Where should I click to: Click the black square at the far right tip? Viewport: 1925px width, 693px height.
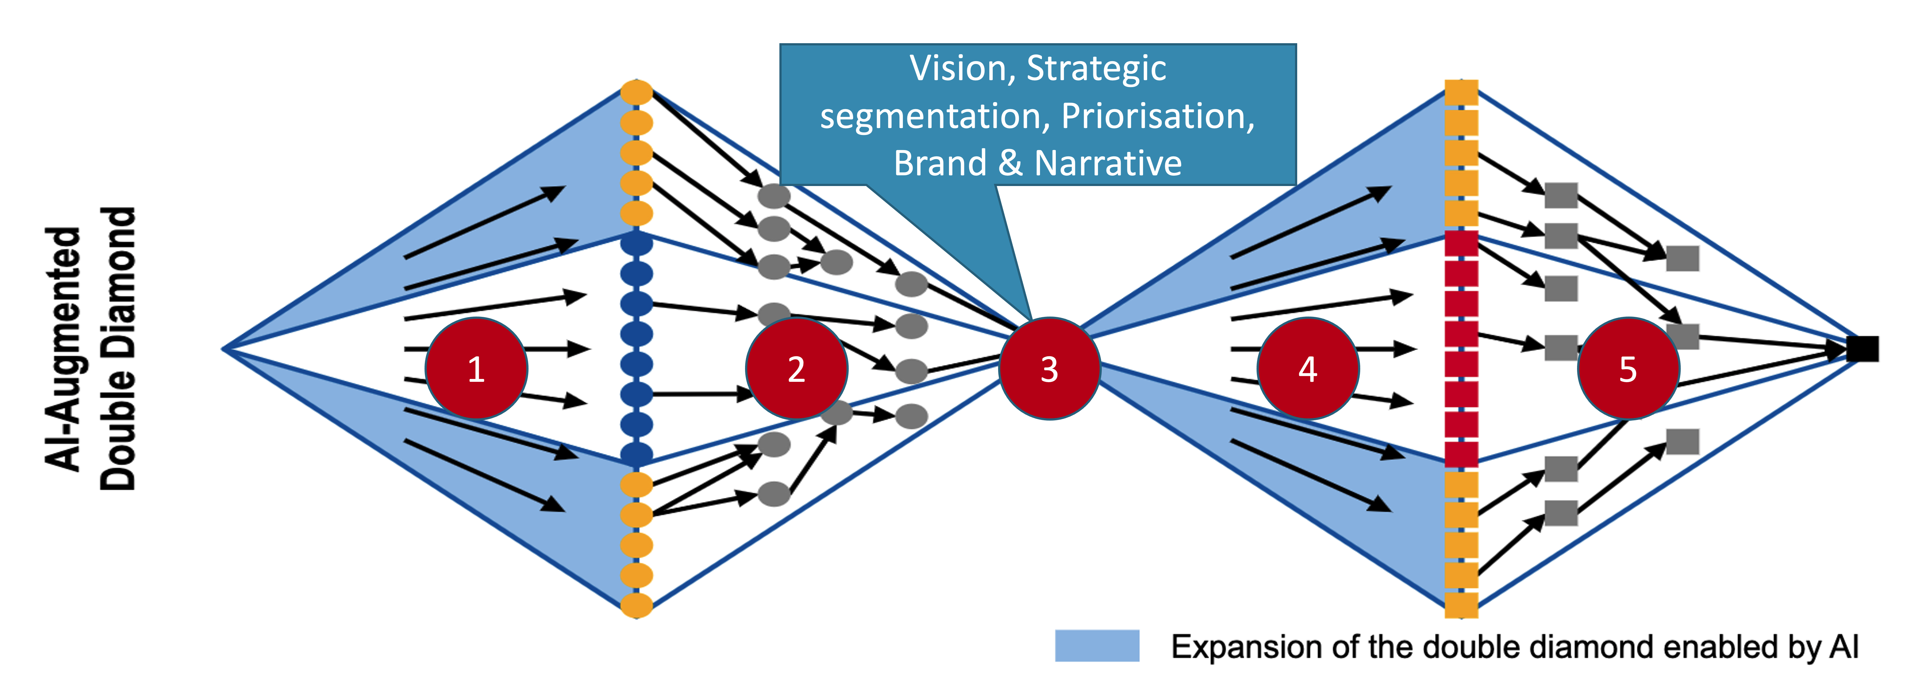coord(1862,348)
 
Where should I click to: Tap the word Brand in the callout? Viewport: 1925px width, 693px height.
coord(940,163)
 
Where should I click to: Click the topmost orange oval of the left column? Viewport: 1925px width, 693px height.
coord(637,92)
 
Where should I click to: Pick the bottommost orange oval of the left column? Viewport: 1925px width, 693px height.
coord(637,605)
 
